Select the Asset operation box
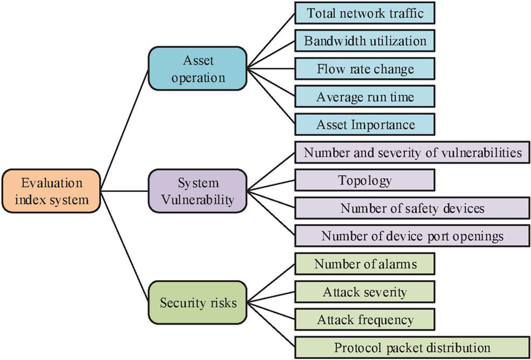click(197, 70)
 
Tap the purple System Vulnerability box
click(197, 191)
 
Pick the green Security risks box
click(197, 303)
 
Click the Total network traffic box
click(364, 14)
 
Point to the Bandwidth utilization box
click(364, 41)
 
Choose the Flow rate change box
click(364, 69)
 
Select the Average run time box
click(364, 97)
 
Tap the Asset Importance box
click(364, 125)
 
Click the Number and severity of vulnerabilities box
click(412, 153)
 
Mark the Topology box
click(364, 180)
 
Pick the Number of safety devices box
click(412, 208)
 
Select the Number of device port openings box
click(412, 236)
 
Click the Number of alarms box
click(364, 264)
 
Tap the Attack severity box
click(364, 292)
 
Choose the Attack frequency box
click(364, 319)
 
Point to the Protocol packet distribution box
click(412, 347)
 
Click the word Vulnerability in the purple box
click(197, 199)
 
